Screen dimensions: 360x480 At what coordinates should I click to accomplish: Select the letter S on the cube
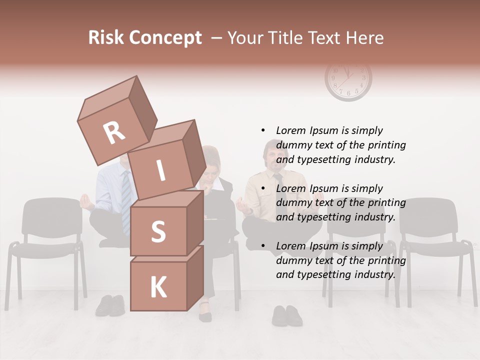click(x=158, y=231)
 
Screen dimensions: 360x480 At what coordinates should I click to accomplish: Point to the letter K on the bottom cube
click(x=158, y=287)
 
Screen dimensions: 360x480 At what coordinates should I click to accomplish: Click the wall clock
click(x=348, y=80)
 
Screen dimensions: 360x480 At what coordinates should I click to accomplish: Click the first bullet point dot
click(x=263, y=130)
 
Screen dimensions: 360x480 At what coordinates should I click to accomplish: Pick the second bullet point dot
click(x=263, y=188)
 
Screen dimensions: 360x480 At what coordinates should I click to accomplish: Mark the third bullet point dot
click(x=263, y=246)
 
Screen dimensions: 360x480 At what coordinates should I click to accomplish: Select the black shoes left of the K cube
click(x=110, y=305)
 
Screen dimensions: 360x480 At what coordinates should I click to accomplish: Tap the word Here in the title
click(x=366, y=38)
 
